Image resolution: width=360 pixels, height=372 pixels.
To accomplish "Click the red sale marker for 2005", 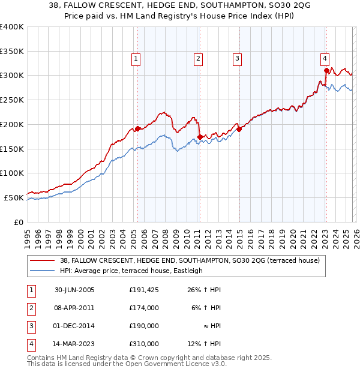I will [137, 128].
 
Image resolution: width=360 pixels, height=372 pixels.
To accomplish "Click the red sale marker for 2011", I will [199, 137].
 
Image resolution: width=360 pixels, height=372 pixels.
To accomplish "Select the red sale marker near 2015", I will [238, 128].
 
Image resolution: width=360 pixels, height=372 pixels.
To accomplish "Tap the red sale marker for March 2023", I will [326, 70].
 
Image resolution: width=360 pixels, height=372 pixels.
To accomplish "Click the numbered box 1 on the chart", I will [136, 58].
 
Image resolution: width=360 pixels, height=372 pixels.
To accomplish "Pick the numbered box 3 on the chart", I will [237, 58].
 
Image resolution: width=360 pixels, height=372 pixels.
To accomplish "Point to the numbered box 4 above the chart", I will [325, 58].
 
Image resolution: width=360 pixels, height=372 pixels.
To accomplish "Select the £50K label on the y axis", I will [14, 197].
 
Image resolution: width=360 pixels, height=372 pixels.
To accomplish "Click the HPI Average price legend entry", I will [131, 271].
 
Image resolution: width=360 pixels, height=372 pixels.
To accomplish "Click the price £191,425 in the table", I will [144, 290].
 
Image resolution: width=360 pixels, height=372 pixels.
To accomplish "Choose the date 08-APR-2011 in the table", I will [75, 308].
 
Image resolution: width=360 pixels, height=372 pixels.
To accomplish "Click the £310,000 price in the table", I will [144, 344].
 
